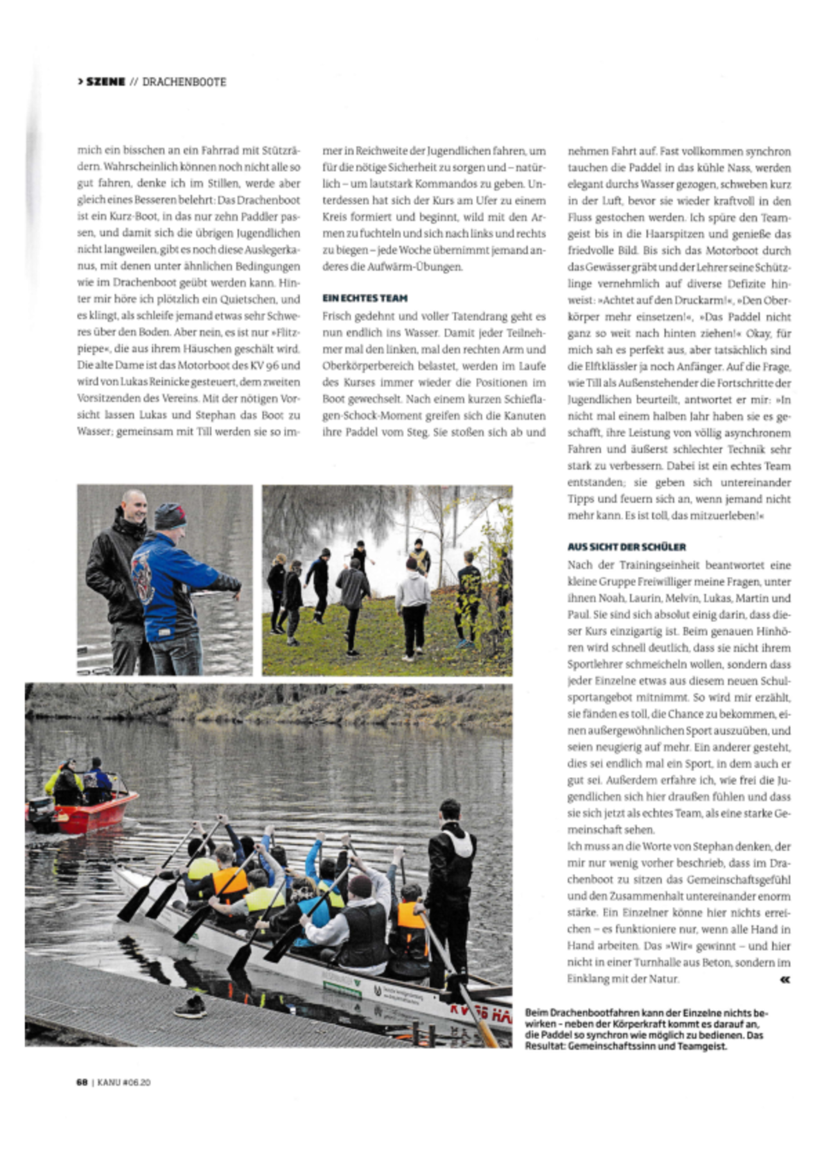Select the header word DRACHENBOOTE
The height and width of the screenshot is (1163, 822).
coord(184,82)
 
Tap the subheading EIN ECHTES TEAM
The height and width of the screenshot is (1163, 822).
coord(365,298)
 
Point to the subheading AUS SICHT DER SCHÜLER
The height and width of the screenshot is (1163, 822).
coord(627,547)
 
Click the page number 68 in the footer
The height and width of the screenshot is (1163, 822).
coord(82,1081)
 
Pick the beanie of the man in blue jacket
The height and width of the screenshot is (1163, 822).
coord(171,515)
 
